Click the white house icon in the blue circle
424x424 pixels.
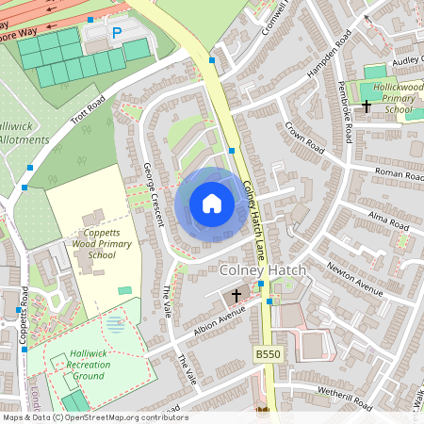(x=212, y=204)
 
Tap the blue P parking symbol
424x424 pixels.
(x=118, y=33)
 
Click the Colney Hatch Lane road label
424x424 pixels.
(x=253, y=216)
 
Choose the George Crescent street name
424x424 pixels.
(x=154, y=194)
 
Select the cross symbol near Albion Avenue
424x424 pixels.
(x=236, y=296)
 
